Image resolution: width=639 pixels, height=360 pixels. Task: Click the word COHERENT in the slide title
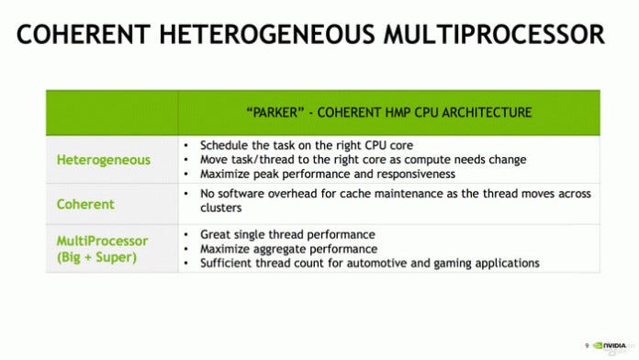pos(84,34)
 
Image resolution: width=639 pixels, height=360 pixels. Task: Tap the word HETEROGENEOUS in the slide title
pos(267,34)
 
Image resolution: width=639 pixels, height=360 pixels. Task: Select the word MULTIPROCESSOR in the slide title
pos(494,34)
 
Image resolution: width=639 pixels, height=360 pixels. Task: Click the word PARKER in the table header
pos(275,112)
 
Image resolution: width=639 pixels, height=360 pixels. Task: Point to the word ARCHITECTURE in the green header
pos(487,112)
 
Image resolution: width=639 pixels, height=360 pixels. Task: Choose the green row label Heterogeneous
pos(104,160)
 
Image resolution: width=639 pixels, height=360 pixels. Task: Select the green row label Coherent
pos(85,204)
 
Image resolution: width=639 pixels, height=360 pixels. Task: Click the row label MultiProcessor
pos(102,241)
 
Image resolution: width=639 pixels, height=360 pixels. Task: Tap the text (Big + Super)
pos(97,257)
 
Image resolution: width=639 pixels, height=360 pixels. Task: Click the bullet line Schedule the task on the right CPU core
pos(307,145)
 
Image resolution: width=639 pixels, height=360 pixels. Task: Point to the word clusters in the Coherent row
pos(221,208)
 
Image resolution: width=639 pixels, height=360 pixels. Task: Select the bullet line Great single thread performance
pos(287,235)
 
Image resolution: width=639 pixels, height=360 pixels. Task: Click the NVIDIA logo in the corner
pos(610,345)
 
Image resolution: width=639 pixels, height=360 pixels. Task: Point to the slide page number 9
pos(587,345)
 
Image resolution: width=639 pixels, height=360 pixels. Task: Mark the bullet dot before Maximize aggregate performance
pos(186,249)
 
